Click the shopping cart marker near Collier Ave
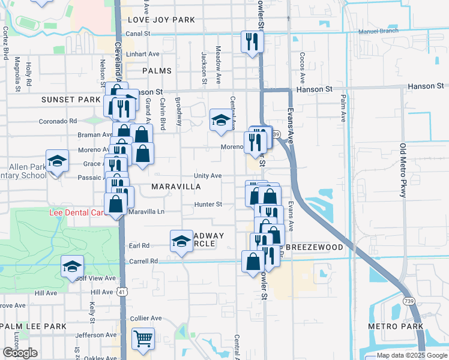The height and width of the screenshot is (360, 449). coord(143,339)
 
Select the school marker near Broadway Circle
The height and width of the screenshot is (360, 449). coord(181,242)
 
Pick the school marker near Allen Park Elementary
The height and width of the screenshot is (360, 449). coord(58,161)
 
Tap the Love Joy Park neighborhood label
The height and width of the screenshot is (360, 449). coord(161,20)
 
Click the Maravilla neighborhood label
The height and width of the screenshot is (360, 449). coord(176,187)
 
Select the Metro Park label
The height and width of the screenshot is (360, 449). coord(394,326)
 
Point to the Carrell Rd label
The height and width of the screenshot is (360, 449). coord(143,261)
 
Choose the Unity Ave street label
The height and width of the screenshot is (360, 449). coord(208,176)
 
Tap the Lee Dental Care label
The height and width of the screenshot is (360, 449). coord(77,213)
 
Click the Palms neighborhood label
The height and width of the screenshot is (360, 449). coord(157,71)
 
